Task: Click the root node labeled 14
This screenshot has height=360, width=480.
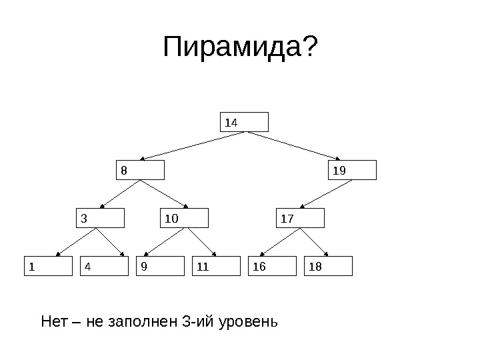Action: coord(245,122)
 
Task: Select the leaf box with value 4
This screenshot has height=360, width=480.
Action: coord(104,266)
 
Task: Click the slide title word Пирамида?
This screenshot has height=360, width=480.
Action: coord(241,47)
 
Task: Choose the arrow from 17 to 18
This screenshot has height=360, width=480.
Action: coord(315,242)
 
